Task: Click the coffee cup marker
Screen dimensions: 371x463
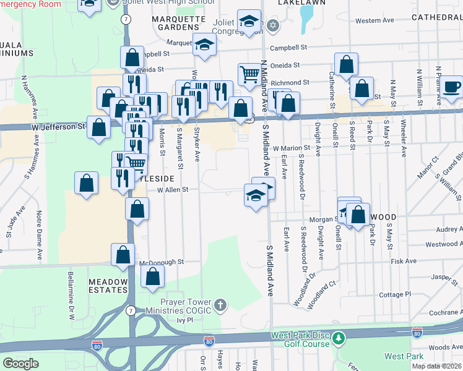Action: (452, 87)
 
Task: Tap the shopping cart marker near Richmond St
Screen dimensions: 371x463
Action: (249, 74)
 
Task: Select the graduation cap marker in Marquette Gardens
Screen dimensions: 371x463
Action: (204, 44)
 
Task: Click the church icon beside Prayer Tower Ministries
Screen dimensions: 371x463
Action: (221, 305)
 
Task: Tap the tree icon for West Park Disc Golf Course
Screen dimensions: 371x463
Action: (338, 338)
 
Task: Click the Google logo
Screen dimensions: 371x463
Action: (20, 364)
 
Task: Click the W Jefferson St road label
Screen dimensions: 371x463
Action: (59, 126)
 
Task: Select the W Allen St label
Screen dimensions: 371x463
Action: (172, 190)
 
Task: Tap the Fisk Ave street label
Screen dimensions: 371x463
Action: (404, 262)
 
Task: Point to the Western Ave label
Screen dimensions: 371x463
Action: (375, 20)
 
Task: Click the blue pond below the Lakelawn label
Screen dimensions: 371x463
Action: (305, 20)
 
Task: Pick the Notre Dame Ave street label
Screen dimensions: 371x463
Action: (39, 228)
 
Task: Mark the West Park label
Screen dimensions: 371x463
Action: (403, 356)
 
